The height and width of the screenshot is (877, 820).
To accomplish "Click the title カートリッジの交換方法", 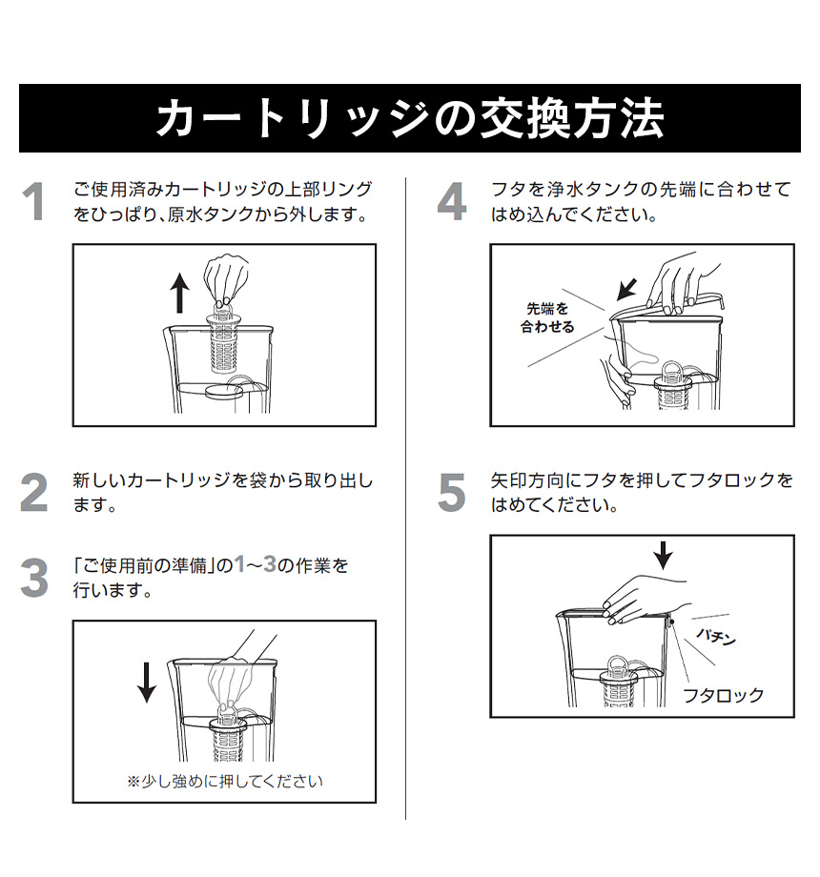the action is pyautogui.click(x=409, y=118).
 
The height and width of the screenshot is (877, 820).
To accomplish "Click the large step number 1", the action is pyautogui.click(x=33, y=202).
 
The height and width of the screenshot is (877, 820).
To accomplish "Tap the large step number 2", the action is pyautogui.click(x=33, y=493).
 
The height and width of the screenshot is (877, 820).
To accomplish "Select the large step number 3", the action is pyautogui.click(x=34, y=578).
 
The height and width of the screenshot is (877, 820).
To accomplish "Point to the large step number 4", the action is pyautogui.click(x=451, y=202).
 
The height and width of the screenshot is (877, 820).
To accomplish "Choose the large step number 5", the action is pyautogui.click(x=451, y=493).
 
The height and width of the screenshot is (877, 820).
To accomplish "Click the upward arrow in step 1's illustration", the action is pyautogui.click(x=179, y=293).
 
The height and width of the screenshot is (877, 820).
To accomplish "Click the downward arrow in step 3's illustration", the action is pyautogui.click(x=147, y=683).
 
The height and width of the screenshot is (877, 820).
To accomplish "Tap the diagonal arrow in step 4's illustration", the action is pyautogui.click(x=626, y=290).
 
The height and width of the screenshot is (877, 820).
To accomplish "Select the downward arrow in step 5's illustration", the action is pyautogui.click(x=664, y=556).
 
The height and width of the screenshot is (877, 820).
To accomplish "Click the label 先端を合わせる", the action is pyautogui.click(x=547, y=317).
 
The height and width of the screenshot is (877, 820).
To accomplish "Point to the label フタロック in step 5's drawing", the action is pyautogui.click(x=723, y=695).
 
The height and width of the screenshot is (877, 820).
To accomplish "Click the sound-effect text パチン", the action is pyautogui.click(x=715, y=637).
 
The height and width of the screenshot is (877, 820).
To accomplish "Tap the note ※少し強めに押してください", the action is pyautogui.click(x=225, y=781).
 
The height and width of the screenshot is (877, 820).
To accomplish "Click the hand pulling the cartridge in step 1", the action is pyautogui.click(x=225, y=278).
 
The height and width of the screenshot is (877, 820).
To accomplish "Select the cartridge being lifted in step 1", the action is pyautogui.click(x=224, y=338).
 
